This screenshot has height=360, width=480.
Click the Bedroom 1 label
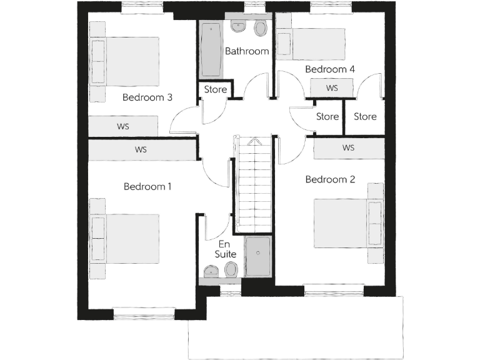point(147,186)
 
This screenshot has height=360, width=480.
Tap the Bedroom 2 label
point(330,179)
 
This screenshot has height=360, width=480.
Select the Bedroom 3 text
point(147,97)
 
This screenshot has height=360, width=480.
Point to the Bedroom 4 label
point(330,69)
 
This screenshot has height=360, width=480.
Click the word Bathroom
point(247,51)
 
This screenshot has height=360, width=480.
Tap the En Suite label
point(226,249)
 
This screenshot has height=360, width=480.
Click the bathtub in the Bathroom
point(211,50)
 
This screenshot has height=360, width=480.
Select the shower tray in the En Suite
point(257,256)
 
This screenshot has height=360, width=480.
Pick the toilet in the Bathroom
point(261,27)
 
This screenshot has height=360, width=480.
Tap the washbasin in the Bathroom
point(238,27)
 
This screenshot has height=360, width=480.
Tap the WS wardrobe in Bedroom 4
point(331,88)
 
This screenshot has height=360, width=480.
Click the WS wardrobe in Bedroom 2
point(349,148)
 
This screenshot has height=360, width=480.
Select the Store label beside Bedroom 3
point(216,89)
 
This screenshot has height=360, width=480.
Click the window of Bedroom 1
point(144,312)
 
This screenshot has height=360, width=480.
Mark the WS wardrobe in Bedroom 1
point(141,150)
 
